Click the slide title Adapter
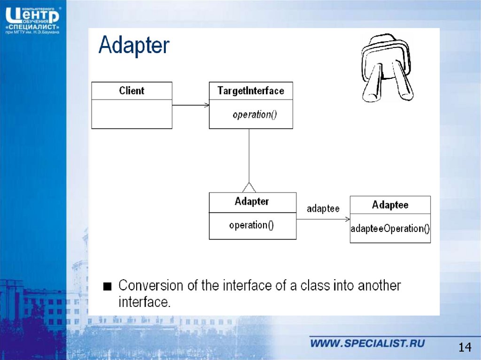coord(134,45)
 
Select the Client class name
coord(132,91)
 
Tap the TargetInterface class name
coord(251,91)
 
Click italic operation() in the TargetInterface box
coord(255,115)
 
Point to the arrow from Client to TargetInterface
coord(191,105)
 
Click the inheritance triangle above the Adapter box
coord(249,187)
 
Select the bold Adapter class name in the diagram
coord(252,201)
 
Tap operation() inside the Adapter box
coord(251,225)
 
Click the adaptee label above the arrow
coord(323,208)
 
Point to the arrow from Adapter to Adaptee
coord(323,219)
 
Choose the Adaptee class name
coord(390,205)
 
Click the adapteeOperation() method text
coord(390,229)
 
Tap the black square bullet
coord(108,286)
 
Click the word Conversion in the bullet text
coord(151,285)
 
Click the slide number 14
coord(465,347)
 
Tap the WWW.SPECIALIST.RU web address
coord(367,343)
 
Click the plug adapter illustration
coord(387,68)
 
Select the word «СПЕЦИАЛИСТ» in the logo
coord(32,27)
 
